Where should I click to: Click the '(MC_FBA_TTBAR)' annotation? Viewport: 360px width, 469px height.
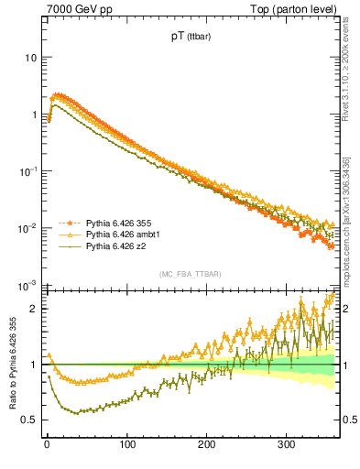coord(189,273)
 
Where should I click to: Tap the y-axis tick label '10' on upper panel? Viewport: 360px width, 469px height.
coord(29,58)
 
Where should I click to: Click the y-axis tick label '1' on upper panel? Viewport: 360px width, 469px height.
coord(32,115)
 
